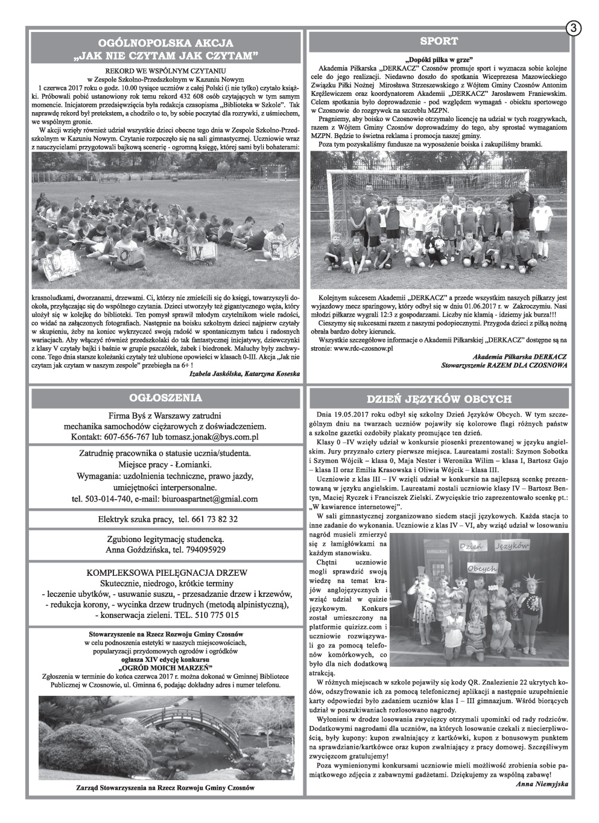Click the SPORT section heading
tap(439, 41)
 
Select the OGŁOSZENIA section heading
tap(165, 397)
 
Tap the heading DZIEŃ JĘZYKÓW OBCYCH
tap(439, 399)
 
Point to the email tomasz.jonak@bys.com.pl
tap(217, 437)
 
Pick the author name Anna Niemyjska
tap(542, 784)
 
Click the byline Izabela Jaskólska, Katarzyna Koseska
tap(244, 373)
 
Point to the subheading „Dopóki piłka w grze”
tap(439, 59)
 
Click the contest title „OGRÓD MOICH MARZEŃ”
tap(165, 668)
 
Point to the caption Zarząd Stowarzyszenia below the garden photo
tap(165, 787)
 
